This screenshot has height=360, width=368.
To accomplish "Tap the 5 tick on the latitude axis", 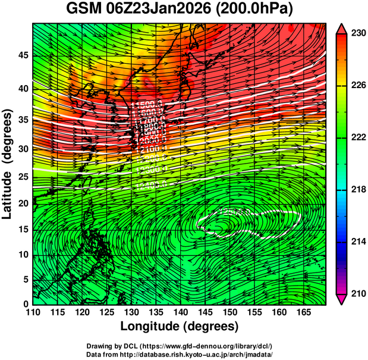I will (x=25, y=279).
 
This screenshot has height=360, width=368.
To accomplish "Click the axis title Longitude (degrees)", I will (x=180, y=327).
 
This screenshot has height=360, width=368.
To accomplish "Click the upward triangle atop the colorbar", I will (x=342, y=28).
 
